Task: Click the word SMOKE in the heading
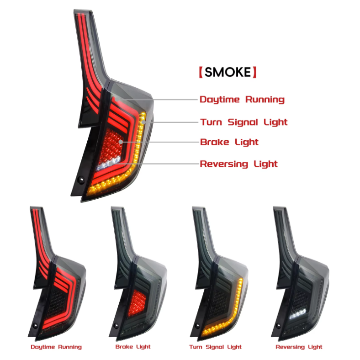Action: [x=227, y=72]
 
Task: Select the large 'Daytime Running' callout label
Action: [x=242, y=100]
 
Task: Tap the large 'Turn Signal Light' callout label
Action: [x=244, y=122]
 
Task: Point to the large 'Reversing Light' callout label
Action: [x=238, y=164]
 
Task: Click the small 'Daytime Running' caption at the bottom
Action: [x=56, y=347]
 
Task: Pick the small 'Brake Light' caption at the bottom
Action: [x=133, y=347]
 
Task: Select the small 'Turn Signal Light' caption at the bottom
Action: [x=215, y=347]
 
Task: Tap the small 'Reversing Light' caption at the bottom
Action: [x=299, y=347]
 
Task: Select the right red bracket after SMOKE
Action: [x=254, y=72]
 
